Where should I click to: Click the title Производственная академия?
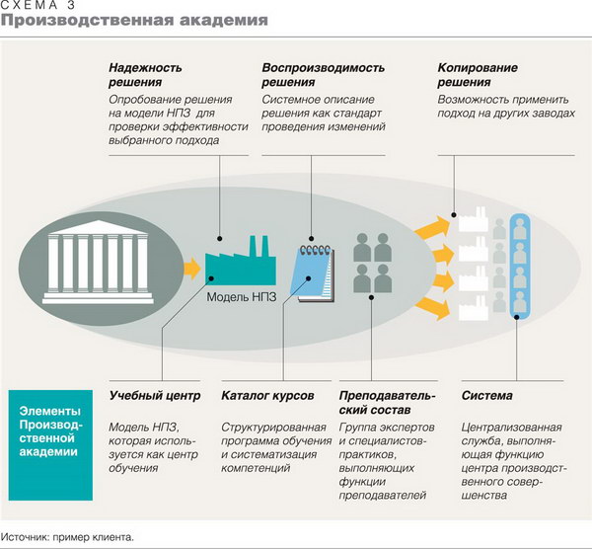coord(134,21)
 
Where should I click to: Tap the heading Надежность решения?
coord(145,75)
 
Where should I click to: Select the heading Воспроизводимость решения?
coord(324,75)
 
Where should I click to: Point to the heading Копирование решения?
coord(478,75)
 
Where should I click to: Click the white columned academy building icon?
coord(98,262)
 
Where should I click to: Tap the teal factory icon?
coord(241,261)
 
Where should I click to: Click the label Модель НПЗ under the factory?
coord(242,297)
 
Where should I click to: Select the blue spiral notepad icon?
coord(316,274)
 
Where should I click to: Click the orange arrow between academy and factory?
coord(192,269)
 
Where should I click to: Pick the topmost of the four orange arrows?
coord(433,227)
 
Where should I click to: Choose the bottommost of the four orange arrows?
coord(433,308)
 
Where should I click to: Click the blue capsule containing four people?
coord(520,266)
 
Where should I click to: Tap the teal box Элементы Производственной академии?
coord(50,445)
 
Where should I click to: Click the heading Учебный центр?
coord(155,396)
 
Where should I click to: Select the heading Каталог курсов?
coord(267,396)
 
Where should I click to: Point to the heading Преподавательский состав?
coord(388,403)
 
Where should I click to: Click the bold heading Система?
coord(487,396)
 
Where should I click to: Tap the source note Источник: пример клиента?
coord(67,537)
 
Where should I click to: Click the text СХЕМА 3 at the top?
coord(37,5)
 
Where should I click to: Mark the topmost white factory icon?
coord(474,219)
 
